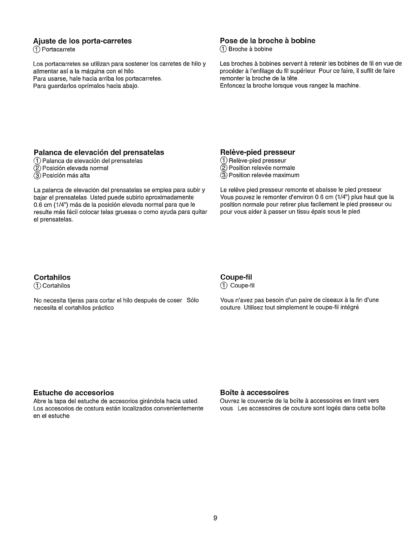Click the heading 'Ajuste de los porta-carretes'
[x=83, y=41]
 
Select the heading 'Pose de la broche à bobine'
[x=267, y=41]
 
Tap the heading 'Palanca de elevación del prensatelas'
[x=99, y=152]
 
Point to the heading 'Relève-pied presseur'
[x=257, y=152]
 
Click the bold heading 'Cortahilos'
[x=52, y=277]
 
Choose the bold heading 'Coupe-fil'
[x=236, y=277]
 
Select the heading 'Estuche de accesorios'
[x=74, y=393]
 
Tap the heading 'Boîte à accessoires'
[x=254, y=392]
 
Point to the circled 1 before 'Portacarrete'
[x=37, y=49]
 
